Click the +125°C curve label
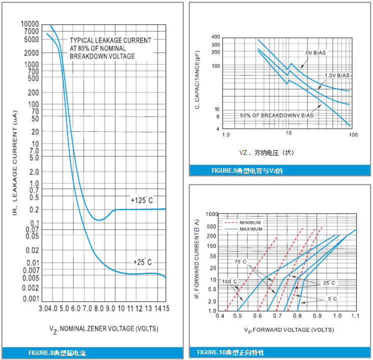tap(142, 200)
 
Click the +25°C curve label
tap(142, 262)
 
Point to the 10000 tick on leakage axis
tap(30, 24)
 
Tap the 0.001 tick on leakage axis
tap(31, 299)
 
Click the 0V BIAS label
tap(317, 53)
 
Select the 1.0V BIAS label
tap(337, 75)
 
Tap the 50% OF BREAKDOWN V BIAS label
tap(277, 116)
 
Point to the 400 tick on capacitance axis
tap(215, 37)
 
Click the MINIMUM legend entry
tap(250, 222)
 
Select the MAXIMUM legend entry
tap(250, 229)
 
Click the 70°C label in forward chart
tap(240, 262)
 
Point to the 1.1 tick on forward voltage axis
tap(356, 316)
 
